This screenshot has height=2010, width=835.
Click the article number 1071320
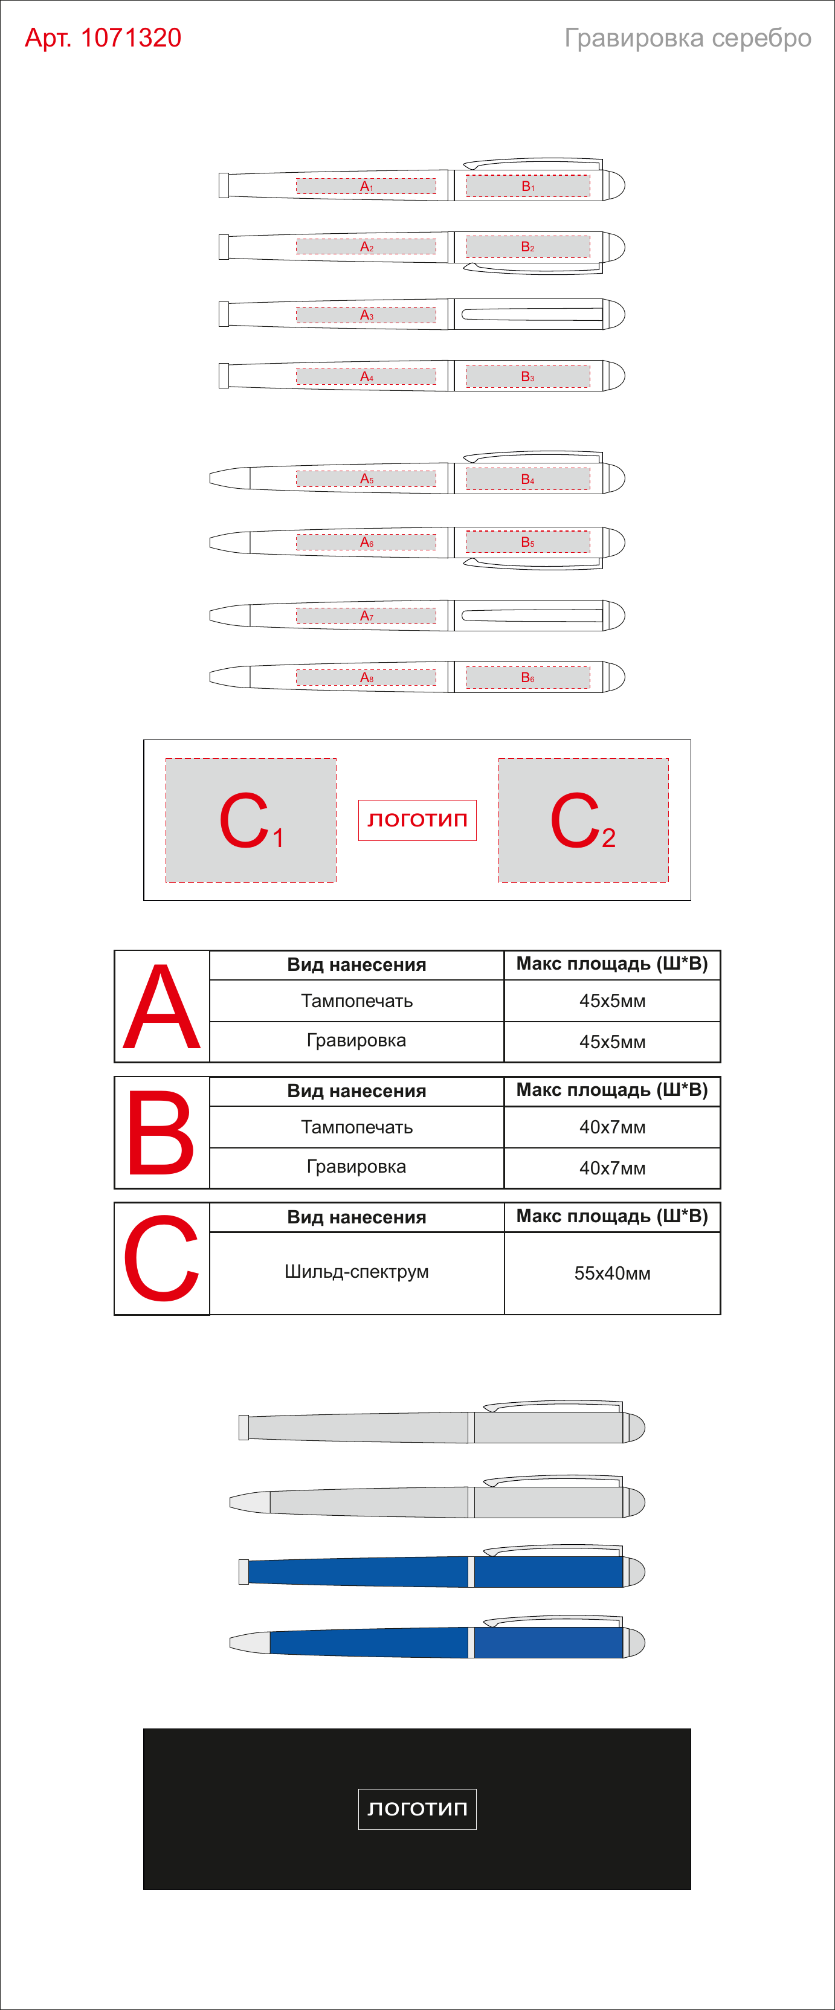[x=131, y=37]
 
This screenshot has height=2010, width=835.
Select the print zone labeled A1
[x=366, y=185]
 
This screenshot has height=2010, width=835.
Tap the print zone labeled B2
[x=527, y=246]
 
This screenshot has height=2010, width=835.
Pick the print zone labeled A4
[x=366, y=376]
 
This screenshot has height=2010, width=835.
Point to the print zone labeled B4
[x=527, y=479]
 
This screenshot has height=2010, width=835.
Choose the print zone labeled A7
[x=366, y=616]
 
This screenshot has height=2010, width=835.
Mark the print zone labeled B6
[x=527, y=677]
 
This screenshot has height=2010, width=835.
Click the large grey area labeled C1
[x=251, y=820]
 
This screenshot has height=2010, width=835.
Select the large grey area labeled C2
[x=583, y=820]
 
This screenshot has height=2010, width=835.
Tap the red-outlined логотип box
[x=417, y=820]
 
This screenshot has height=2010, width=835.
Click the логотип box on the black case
[x=417, y=1809]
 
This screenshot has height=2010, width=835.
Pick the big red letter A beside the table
[x=161, y=1007]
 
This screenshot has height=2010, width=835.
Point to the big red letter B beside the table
[x=161, y=1133]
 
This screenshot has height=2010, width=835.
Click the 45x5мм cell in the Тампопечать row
[x=613, y=1001]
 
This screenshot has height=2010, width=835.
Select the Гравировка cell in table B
[x=356, y=1167]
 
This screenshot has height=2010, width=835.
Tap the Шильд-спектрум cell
[x=356, y=1272]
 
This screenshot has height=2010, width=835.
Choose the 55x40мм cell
[x=613, y=1274]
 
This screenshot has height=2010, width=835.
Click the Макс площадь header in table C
[x=613, y=1217]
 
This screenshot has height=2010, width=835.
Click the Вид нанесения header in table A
[x=356, y=965]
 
